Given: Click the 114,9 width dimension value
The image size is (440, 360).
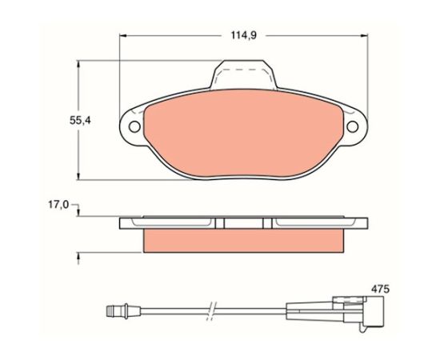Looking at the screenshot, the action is pos(243,36).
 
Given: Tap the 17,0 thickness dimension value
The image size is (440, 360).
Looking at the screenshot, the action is pos(58,205).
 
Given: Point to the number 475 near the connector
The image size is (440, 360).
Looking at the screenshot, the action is pos(381,289).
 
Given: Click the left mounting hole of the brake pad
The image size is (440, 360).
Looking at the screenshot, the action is pos(134,127).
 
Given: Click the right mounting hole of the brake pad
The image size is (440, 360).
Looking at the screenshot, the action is pos(353,127).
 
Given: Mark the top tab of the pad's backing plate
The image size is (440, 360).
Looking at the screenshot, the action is pos(243,74).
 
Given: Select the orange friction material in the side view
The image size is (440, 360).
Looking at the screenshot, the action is pos(243,241).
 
